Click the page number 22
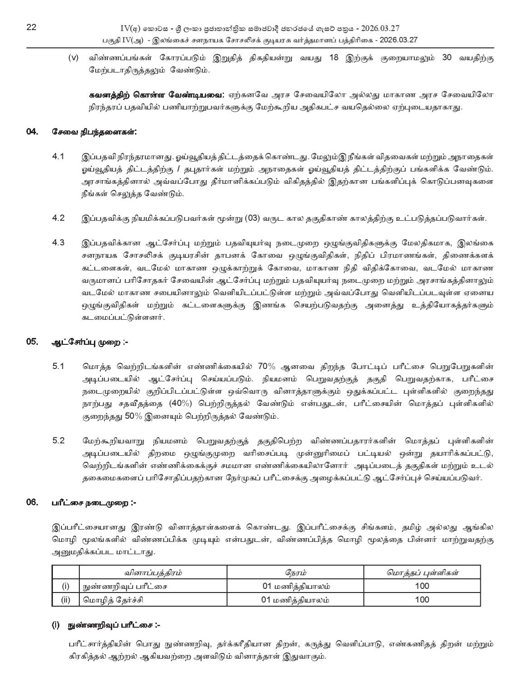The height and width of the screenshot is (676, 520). tap(31, 27)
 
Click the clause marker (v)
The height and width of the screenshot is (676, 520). tap(73, 59)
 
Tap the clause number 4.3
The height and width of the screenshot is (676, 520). tap(59, 242)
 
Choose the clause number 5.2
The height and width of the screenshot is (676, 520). tap(59, 441)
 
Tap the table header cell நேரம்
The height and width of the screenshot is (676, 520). tap(295, 572)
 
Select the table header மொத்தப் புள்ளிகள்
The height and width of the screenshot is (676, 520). tap(422, 572)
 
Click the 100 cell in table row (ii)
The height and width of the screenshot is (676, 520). tap(422, 599)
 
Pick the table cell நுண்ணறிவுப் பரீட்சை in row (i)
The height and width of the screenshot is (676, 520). tap(124, 586)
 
